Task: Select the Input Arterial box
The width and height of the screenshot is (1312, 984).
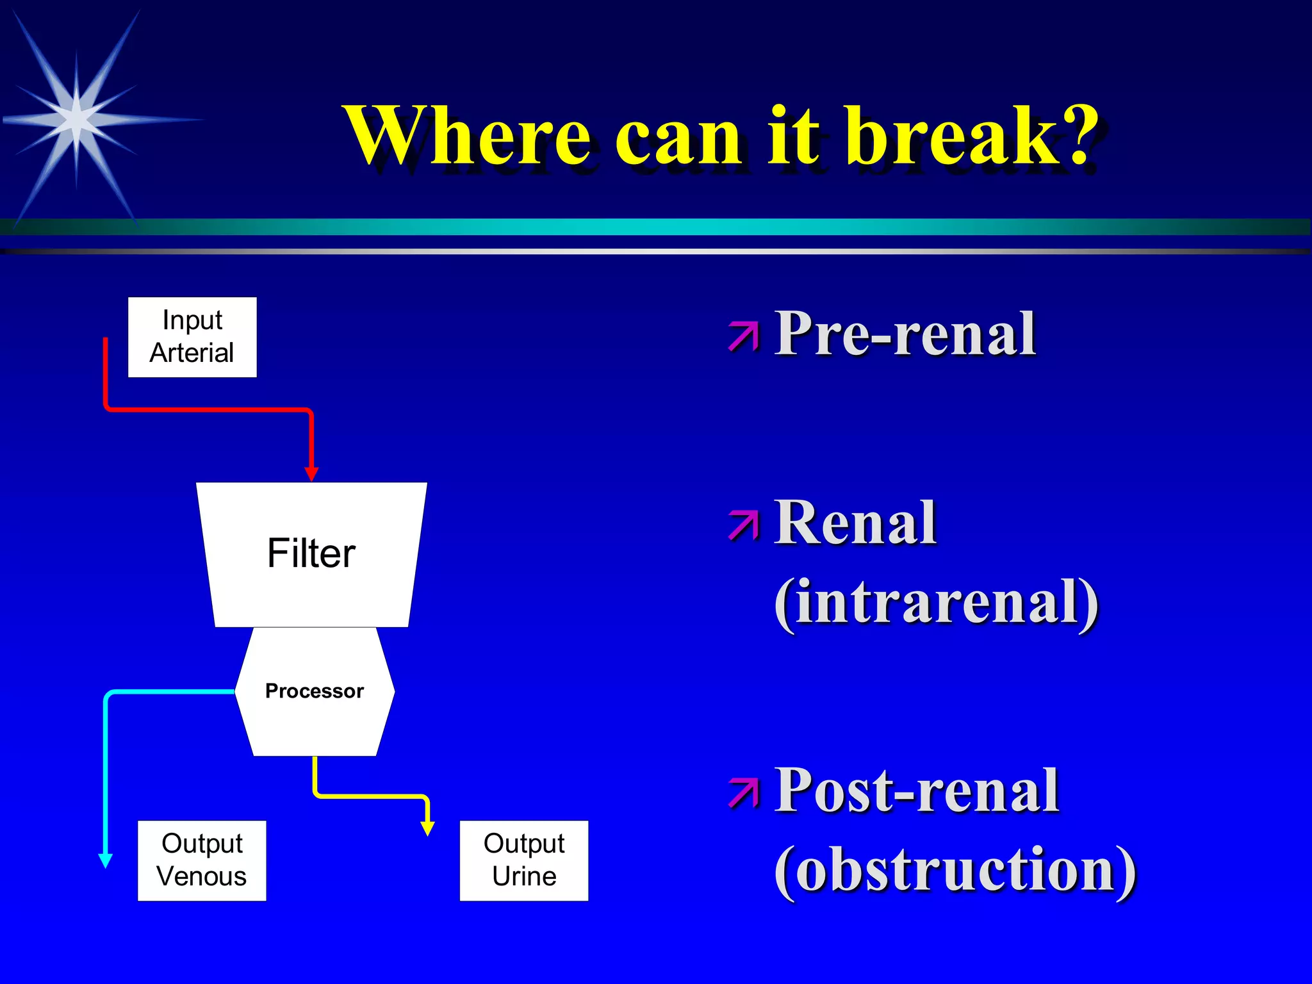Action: [x=192, y=337]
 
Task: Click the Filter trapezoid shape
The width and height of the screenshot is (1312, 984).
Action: [x=311, y=554]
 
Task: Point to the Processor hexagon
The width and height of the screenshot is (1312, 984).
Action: [x=315, y=692]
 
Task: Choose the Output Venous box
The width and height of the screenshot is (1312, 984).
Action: [x=202, y=860]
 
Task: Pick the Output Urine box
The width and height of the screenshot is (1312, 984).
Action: [x=524, y=860]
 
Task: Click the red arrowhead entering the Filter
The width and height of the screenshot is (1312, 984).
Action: [x=311, y=473]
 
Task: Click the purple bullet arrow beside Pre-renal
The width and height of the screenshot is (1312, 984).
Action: [x=743, y=337]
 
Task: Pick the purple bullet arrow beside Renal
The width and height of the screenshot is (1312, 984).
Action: [x=743, y=525]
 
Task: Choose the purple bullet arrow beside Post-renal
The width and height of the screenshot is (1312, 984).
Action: [x=743, y=793]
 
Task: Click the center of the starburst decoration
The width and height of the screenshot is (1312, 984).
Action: [x=76, y=119]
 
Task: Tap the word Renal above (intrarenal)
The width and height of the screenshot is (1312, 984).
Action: [x=855, y=523]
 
